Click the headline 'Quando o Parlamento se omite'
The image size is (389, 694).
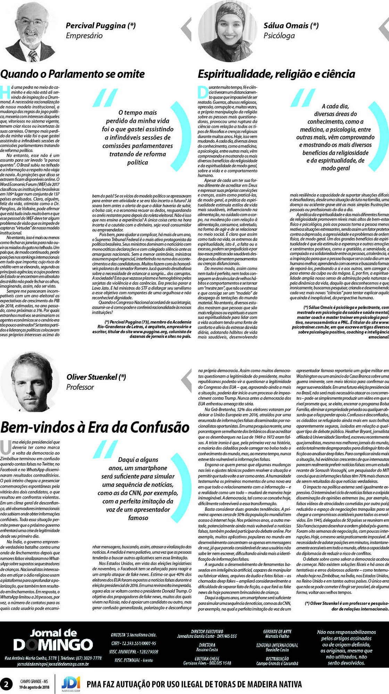point(72,74)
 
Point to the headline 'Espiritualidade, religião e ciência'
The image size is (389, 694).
point(276,74)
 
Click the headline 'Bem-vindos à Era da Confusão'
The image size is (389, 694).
point(95,427)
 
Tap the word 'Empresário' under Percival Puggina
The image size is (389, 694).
point(84,36)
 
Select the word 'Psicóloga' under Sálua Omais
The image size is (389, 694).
point(279,36)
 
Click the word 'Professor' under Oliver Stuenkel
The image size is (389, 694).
point(80,387)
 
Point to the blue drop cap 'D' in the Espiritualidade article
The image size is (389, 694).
point(203,92)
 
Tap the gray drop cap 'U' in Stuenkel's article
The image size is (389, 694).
point(6,447)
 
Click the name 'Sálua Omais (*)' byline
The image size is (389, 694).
point(291,25)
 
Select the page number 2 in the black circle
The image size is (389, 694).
point(6,684)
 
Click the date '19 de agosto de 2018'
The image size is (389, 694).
point(34,687)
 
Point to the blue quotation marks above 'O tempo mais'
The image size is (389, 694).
point(105,98)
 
